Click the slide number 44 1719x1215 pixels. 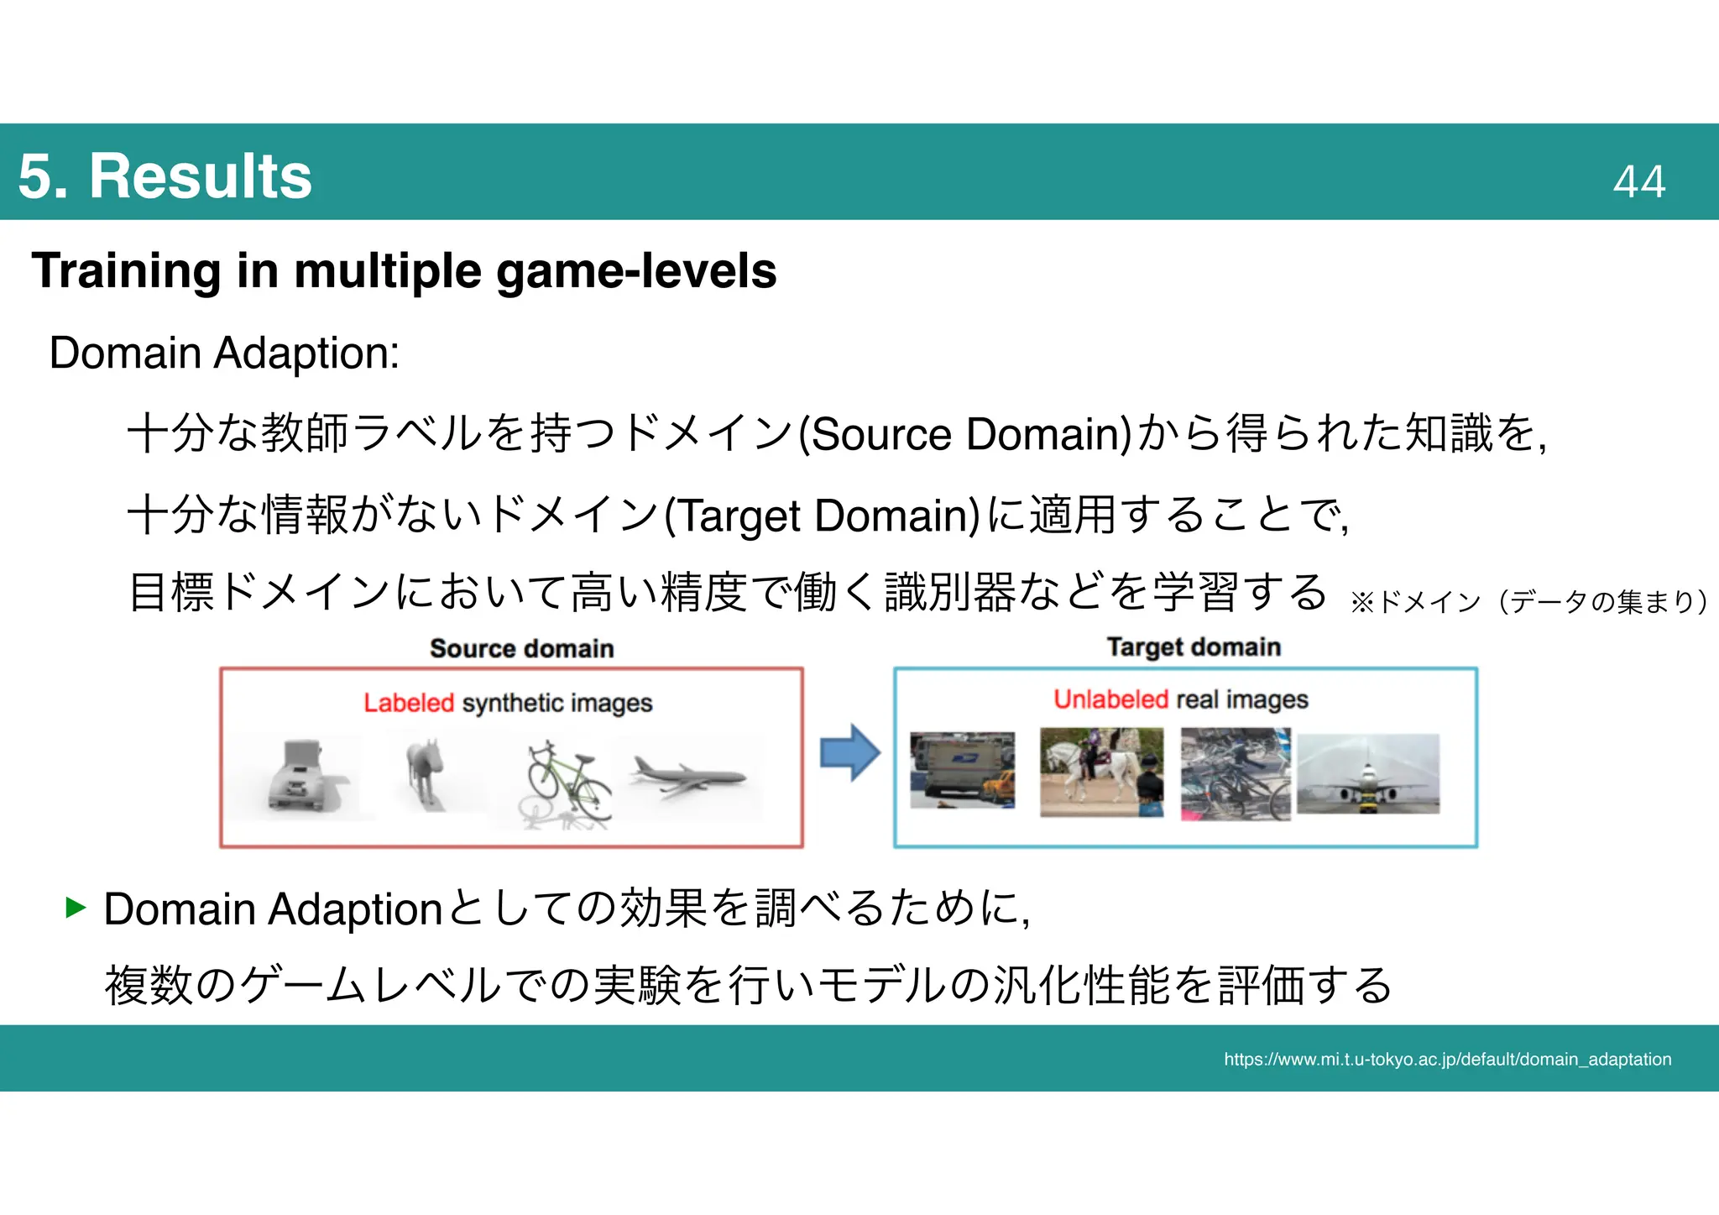click(1638, 181)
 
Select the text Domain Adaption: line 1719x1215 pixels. click(224, 353)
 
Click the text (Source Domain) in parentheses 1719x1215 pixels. click(964, 434)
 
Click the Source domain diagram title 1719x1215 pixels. click(521, 648)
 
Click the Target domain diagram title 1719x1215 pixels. click(1193, 647)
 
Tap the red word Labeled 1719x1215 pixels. click(408, 703)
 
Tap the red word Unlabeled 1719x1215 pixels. click(1110, 699)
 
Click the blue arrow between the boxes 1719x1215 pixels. click(849, 752)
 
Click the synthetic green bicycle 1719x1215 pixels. click(568, 783)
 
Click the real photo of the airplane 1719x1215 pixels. click(1367, 773)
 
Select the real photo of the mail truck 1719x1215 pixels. click(962, 769)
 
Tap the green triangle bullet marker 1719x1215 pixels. click(76, 907)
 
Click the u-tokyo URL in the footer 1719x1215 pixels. click(1447, 1059)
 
